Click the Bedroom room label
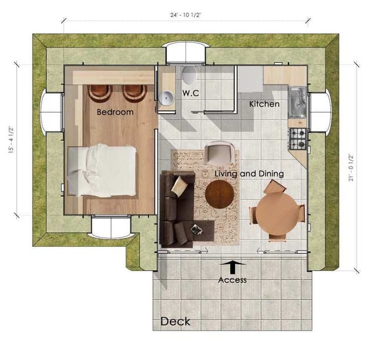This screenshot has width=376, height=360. pos(115,112)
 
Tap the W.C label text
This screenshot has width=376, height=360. pos(190,93)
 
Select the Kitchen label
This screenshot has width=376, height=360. pos(264,104)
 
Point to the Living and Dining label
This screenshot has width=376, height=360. pos(249,173)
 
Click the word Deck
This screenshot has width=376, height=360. pos(175,321)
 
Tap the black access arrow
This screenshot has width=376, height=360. pos(233,267)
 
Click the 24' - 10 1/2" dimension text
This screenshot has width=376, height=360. pos(186,15)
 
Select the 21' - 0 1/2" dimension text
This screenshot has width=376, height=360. pos(351,168)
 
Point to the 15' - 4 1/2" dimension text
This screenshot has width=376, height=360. pos(11,140)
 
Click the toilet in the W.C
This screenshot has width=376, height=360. pos(189,75)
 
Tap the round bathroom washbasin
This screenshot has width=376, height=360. pos(166,98)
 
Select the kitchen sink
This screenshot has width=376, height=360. pos(297,102)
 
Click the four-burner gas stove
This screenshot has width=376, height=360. pos(298,139)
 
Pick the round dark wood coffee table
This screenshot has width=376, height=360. pos(219,194)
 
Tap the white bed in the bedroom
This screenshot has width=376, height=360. pos(102,170)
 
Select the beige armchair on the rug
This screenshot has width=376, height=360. pos(221,153)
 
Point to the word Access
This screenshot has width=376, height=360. pos(233,280)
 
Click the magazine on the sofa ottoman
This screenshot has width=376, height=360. pos(196,230)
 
